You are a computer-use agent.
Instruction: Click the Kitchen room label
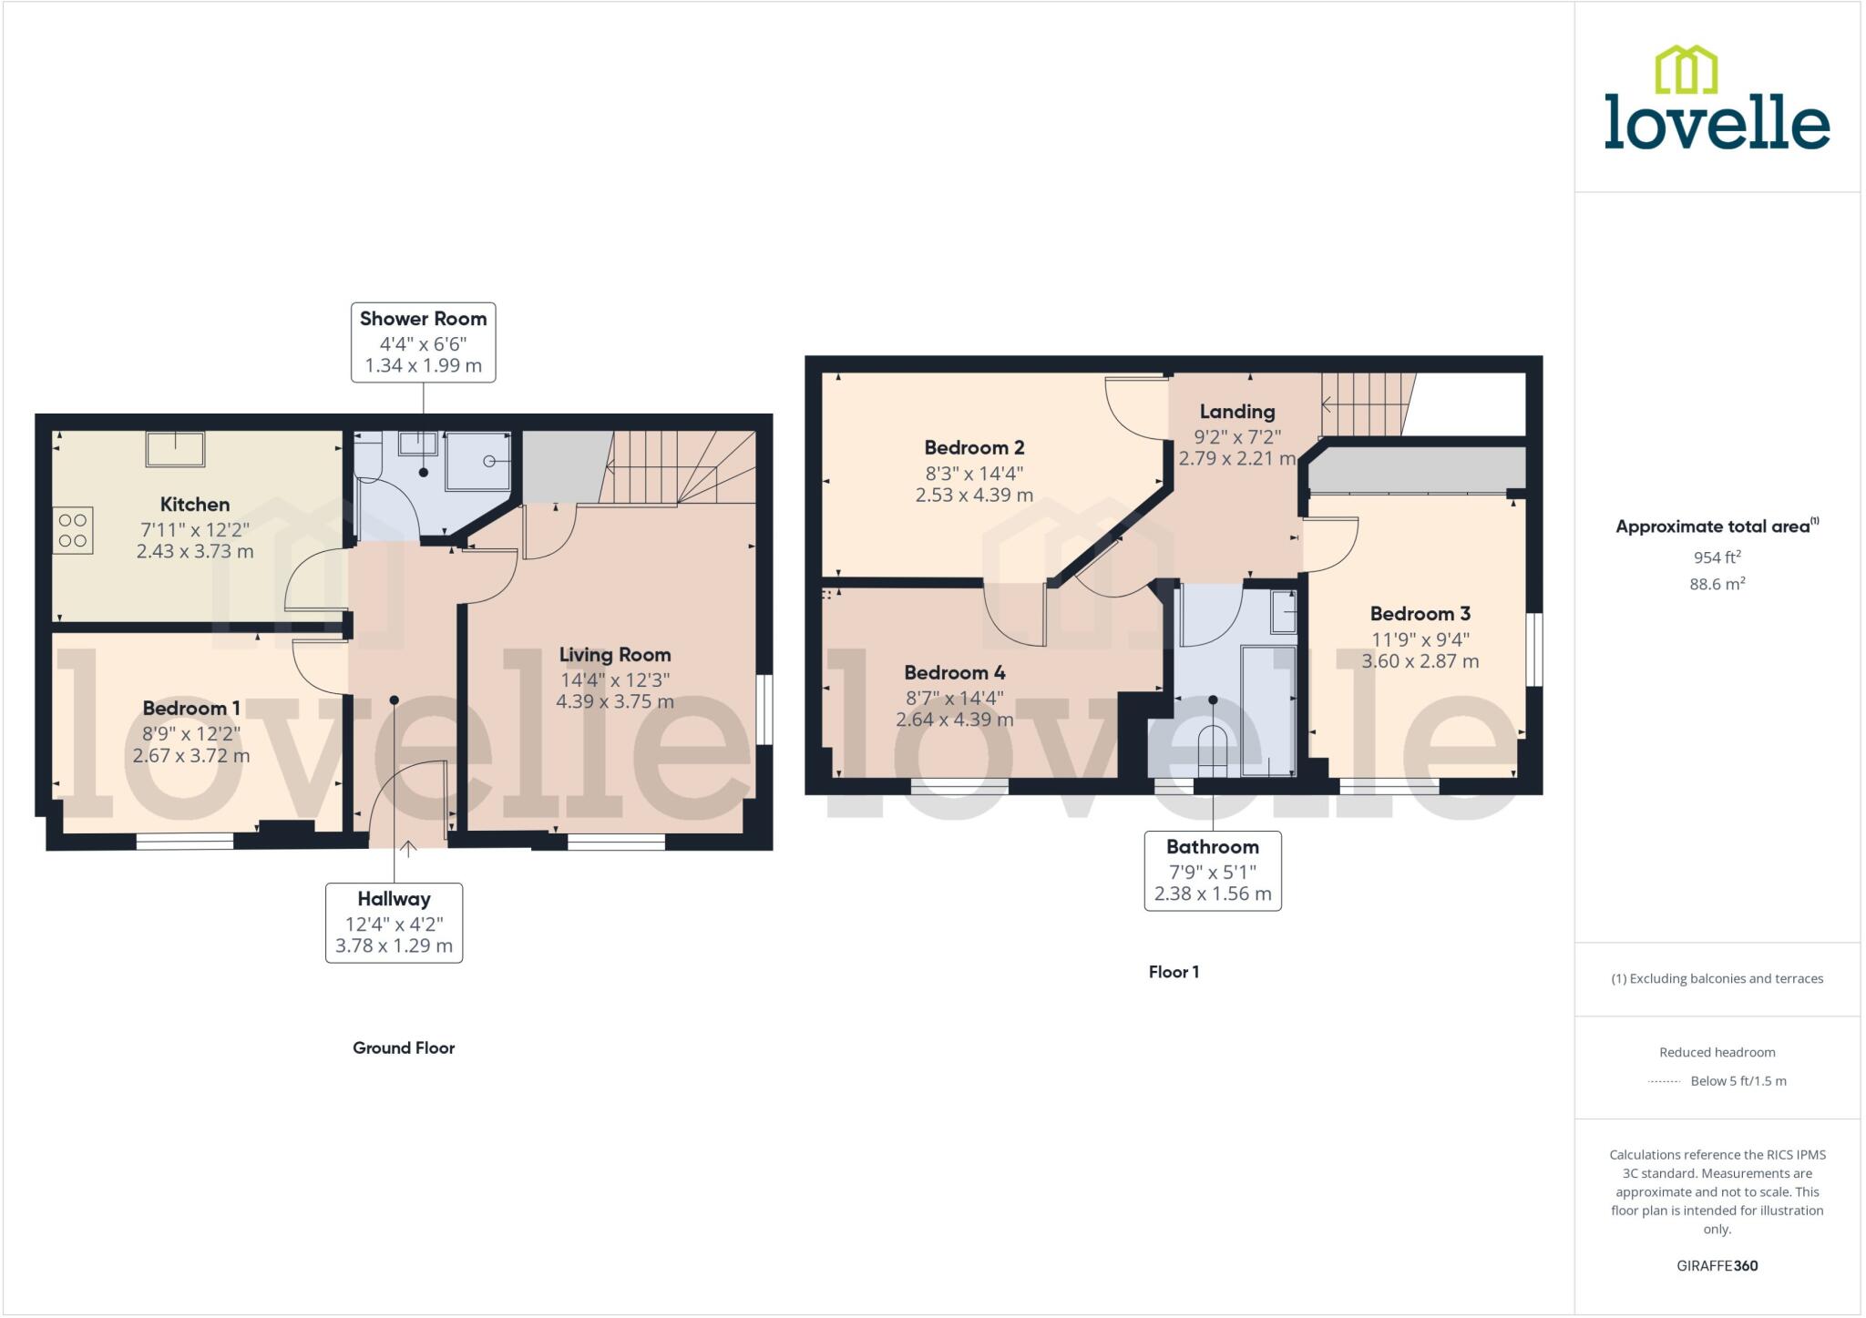pos(195,505)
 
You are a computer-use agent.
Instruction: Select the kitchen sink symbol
pos(176,448)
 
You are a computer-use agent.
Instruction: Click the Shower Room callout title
pos(423,319)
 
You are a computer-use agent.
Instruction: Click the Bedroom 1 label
pos(191,709)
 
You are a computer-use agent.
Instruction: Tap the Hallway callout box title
pos(394,899)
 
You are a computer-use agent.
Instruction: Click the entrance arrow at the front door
pos(408,849)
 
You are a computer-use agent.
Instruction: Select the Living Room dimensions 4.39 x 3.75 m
pos(615,701)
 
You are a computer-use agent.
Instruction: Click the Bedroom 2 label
pos(974,447)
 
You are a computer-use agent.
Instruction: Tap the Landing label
pos(1236,412)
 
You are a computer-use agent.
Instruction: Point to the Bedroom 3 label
pos(1420,614)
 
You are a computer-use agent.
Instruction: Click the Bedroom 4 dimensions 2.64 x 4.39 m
pos(954,720)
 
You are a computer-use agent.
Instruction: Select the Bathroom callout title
pos(1212,847)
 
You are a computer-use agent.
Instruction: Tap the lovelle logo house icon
pos(1686,69)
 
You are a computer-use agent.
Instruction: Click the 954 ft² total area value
pos(1717,557)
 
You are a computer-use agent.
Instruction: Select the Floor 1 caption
pos(1174,972)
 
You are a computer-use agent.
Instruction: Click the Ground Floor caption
pos(404,1048)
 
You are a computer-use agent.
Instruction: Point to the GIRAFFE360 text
pos(1717,1265)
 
